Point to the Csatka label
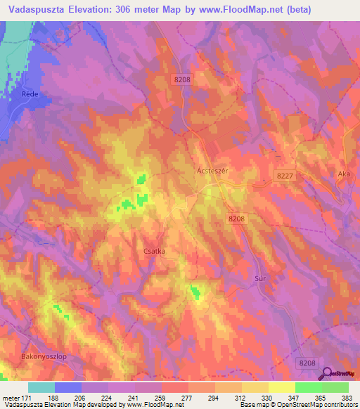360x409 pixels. click(151, 248)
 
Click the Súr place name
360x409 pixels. click(257, 278)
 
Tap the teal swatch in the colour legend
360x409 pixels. click(41, 387)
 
